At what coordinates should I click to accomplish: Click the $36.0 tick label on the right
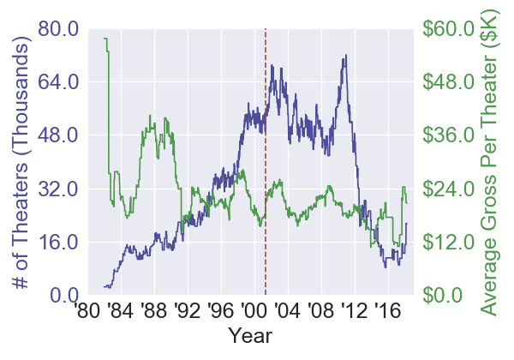point(448,135)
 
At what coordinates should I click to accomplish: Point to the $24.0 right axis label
point(448,188)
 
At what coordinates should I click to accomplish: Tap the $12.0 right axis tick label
point(448,241)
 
